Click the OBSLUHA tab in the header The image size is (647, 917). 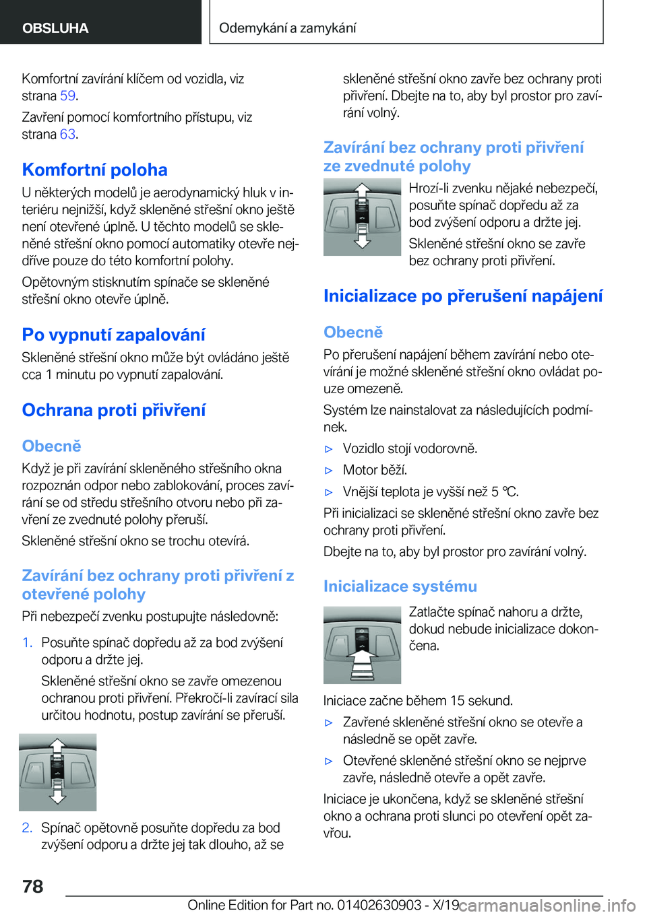pos(55,28)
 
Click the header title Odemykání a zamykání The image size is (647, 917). pos(288,28)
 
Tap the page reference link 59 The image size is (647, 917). pos(67,96)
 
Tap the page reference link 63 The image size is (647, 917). pos(67,134)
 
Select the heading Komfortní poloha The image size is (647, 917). pos(94,170)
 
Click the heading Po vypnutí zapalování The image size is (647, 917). pos(113,335)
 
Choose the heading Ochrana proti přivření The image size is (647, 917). pos(113,410)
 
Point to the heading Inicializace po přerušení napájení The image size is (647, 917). pos(463,296)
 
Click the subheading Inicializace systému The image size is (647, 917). pos(400,586)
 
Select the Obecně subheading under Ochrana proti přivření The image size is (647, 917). pos(51,446)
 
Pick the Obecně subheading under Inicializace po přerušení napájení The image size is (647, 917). pos(353,332)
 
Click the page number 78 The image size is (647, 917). pos(33,886)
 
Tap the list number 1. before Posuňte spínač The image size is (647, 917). pos(27,643)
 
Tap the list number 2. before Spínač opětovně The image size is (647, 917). pos(27,828)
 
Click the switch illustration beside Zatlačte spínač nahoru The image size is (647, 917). pos(362,645)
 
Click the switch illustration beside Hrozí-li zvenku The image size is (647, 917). pos(362,217)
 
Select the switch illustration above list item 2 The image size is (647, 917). pos(57,772)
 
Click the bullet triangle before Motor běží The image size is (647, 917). pos(329,471)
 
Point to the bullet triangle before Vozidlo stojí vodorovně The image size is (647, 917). pos(329,449)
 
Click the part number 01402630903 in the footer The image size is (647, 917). pos(379,905)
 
